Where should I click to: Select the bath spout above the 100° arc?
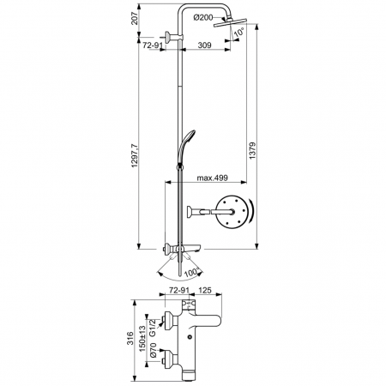coord(190,249)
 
